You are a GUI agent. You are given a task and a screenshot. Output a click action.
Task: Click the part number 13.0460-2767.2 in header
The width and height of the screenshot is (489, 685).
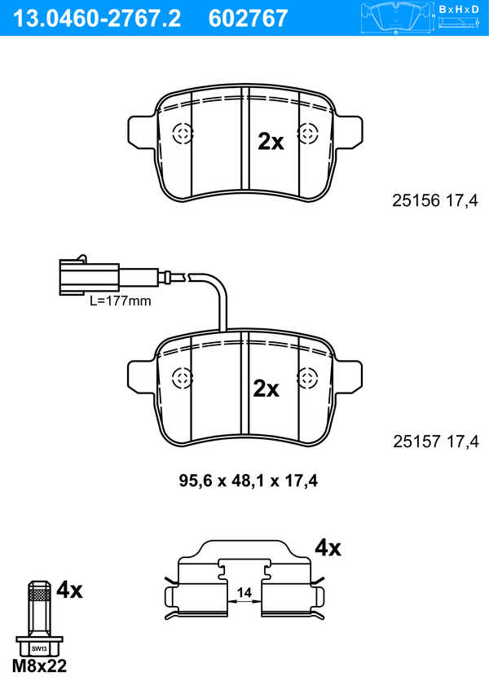pyautogui.click(x=96, y=18)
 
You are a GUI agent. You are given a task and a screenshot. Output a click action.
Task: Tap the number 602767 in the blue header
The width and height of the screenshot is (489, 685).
pyautogui.click(x=249, y=18)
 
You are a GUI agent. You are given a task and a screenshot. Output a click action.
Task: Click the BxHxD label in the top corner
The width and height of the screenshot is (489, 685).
pyautogui.click(x=459, y=9)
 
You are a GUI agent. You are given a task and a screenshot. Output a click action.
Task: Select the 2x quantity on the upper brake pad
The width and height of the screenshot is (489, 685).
pyautogui.click(x=271, y=142)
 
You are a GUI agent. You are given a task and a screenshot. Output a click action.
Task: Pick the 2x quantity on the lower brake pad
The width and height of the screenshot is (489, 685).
pyautogui.click(x=267, y=388)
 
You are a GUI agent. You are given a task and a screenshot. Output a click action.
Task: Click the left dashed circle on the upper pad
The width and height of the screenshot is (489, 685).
pyautogui.click(x=183, y=134)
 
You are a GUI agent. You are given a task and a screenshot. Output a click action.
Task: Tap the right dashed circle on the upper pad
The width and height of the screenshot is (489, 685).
pyautogui.click(x=307, y=133)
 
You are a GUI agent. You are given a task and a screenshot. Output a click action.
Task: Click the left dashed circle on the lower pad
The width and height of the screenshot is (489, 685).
pyautogui.click(x=183, y=378)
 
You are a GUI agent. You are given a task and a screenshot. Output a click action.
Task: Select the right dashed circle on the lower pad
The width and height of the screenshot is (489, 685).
pyautogui.click(x=306, y=378)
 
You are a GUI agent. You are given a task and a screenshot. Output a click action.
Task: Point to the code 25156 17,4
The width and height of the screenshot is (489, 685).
pyautogui.click(x=435, y=200)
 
